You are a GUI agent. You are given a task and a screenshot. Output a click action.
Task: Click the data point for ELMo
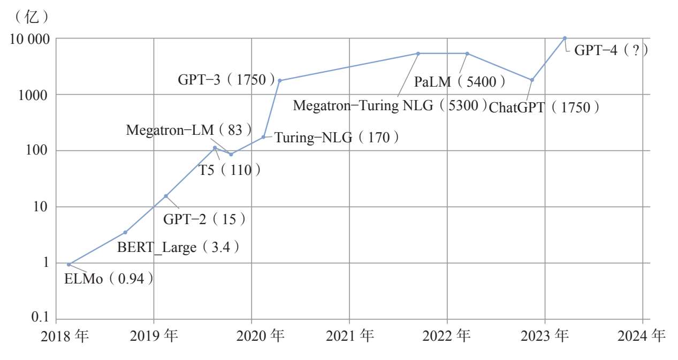pos(68,264)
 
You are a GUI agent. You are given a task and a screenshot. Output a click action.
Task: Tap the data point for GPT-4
pos(565,38)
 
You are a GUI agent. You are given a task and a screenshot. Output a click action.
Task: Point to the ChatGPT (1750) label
pos(544,107)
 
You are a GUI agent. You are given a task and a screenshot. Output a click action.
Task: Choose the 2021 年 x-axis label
pos(349,336)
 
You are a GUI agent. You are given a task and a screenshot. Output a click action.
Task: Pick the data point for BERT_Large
pos(125,232)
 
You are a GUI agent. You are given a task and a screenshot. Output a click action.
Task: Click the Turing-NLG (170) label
pos(337,138)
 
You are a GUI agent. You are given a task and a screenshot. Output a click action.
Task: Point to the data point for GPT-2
pos(166,196)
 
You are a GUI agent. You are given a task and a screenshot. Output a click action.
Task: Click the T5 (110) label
pos(230,171)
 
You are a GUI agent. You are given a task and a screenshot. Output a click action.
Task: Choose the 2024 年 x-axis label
pos(642,336)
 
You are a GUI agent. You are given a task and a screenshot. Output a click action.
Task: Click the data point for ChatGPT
pos(532,80)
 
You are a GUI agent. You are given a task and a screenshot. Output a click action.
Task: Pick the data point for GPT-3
pos(279,80)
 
